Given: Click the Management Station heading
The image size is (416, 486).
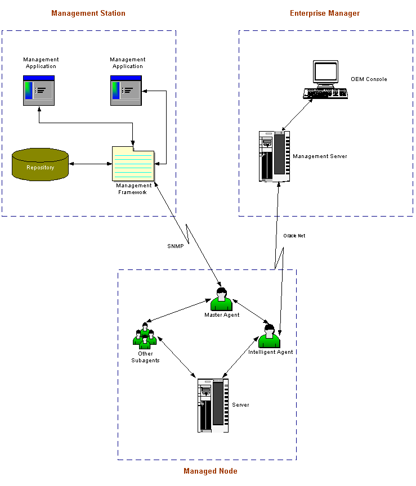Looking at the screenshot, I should (x=88, y=13).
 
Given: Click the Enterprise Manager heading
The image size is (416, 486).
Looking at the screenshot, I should (x=325, y=13).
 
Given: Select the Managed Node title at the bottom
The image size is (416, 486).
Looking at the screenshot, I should (x=210, y=471).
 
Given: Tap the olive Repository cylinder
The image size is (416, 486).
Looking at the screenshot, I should (x=40, y=165).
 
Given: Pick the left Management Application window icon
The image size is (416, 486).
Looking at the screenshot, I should (x=39, y=90).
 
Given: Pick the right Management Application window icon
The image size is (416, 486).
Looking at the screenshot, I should (x=126, y=90).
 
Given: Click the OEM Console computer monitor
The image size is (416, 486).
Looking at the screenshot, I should (x=325, y=73).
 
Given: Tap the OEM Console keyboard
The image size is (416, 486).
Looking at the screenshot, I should (x=325, y=93).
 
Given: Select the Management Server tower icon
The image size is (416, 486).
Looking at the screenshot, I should (x=274, y=156).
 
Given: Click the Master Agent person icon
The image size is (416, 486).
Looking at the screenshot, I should (x=221, y=299).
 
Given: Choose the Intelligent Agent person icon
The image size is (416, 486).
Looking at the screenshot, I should (x=269, y=336).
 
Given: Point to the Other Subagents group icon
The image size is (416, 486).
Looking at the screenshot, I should (x=145, y=336).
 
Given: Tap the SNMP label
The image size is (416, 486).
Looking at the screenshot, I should (x=175, y=246).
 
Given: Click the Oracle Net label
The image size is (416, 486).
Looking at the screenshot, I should (x=294, y=236).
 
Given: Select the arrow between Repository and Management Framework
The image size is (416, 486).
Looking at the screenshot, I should (x=90, y=164).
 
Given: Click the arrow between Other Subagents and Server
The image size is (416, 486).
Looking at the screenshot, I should (x=177, y=357).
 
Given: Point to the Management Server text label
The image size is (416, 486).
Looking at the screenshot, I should (x=320, y=156).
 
